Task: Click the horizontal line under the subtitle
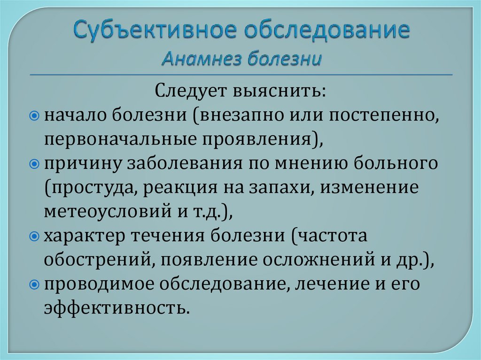click(240, 75)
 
